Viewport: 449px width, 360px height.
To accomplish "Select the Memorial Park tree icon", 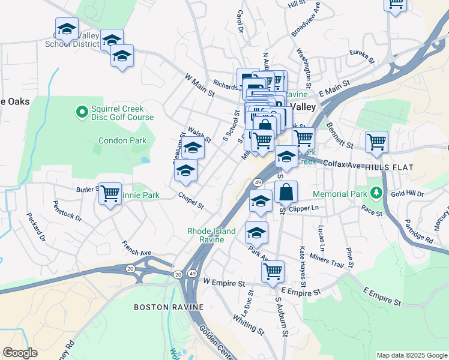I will (376, 193).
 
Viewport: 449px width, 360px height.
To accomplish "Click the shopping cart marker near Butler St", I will (110, 194).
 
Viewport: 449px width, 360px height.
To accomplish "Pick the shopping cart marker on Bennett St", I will (376, 142).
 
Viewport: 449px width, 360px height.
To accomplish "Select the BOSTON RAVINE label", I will (168, 307).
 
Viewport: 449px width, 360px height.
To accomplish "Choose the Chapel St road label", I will (191, 201).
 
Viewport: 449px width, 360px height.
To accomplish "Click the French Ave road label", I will (136, 248).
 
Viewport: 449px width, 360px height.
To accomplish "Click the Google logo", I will (20, 352).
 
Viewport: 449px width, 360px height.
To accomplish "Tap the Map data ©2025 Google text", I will (412, 355).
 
